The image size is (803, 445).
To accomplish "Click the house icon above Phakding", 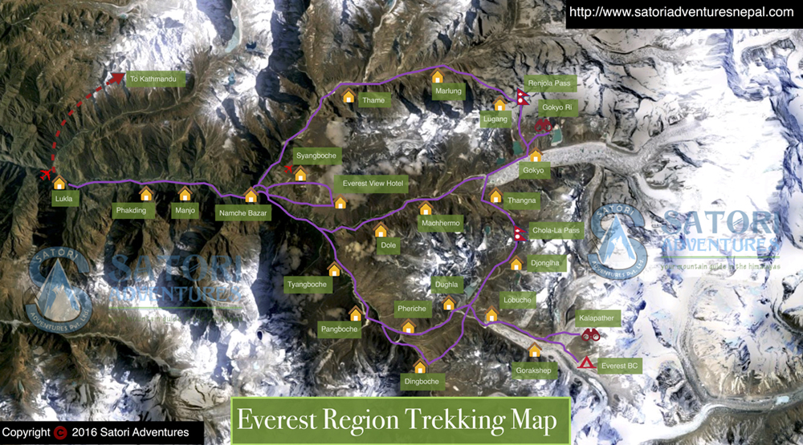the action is [146, 195].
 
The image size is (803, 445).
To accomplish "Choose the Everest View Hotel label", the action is [374, 184].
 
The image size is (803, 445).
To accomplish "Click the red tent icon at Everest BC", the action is [587, 363].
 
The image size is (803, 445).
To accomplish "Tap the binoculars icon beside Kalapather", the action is [590, 335].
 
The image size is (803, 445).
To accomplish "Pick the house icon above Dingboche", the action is [420, 367].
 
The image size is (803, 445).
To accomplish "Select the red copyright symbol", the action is [60, 433].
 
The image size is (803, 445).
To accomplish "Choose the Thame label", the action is [373, 101].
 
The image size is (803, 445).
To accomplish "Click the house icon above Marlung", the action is [438, 77].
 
